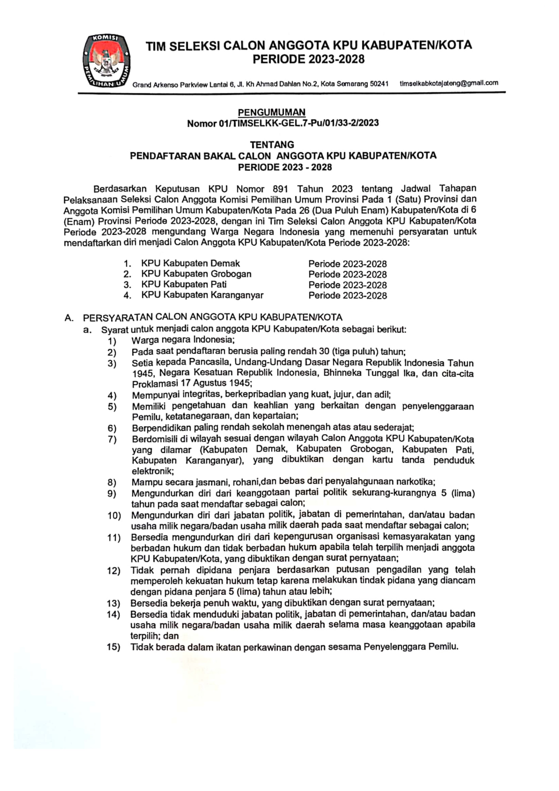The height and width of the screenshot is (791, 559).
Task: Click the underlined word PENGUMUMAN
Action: coord(272,112)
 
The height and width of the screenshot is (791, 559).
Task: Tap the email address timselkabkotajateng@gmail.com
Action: coord(449,83)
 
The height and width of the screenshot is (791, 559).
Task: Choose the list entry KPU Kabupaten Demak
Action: coord(191,264)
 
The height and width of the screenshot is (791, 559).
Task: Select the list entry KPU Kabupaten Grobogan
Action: coord(196,274)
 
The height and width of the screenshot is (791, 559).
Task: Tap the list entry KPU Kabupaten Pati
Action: coord(184,285)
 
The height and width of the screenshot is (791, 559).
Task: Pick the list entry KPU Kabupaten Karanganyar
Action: coord(202,295)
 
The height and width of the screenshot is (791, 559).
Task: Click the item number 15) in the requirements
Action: coord(113,647)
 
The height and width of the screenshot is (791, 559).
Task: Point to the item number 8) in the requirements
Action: coord(112,482)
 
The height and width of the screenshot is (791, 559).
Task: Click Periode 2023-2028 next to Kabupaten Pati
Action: coord(347,285)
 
